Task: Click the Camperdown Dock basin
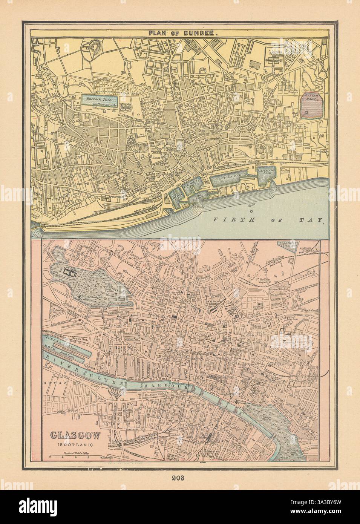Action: pyautogui.click(x=268, y=175)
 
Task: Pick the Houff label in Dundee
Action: pyautogui.click(x=156, y=158)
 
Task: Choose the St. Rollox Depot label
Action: pyautogui.click(x=261, y=281)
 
